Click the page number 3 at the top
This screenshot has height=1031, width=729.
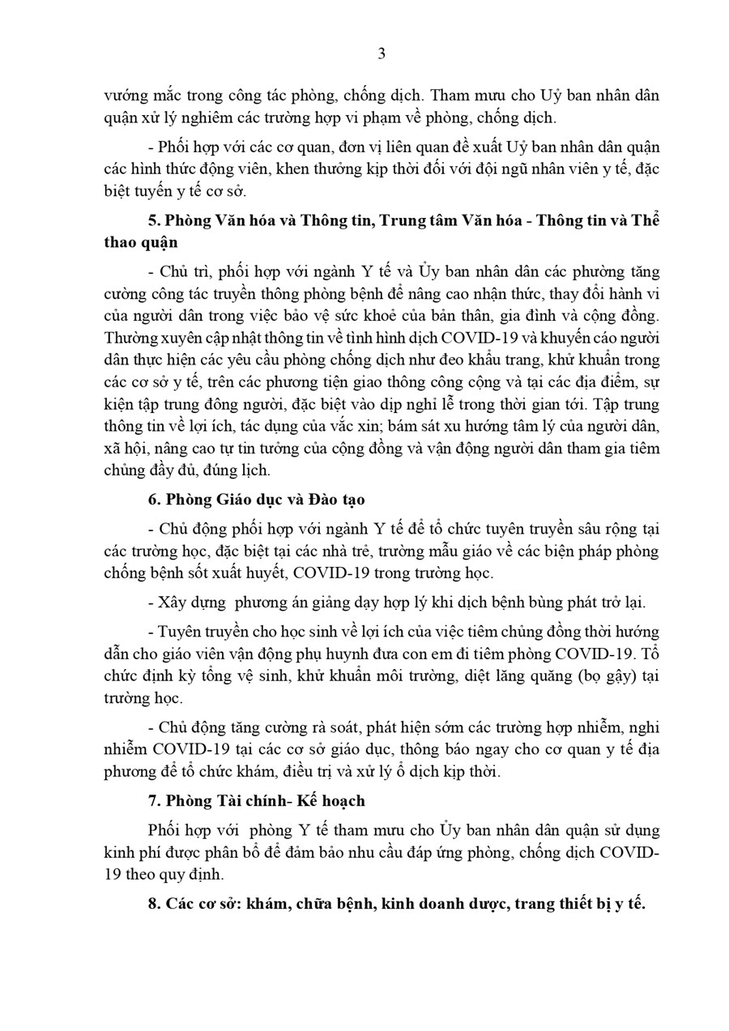click(x=382, y=54)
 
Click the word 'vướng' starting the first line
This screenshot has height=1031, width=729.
click(x=122, y=96)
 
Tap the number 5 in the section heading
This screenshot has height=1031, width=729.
click(x=153, y=220)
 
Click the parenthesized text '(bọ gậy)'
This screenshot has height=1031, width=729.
click(x=603, y=675)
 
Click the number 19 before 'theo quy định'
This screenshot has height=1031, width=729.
click(x=113, y=874)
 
